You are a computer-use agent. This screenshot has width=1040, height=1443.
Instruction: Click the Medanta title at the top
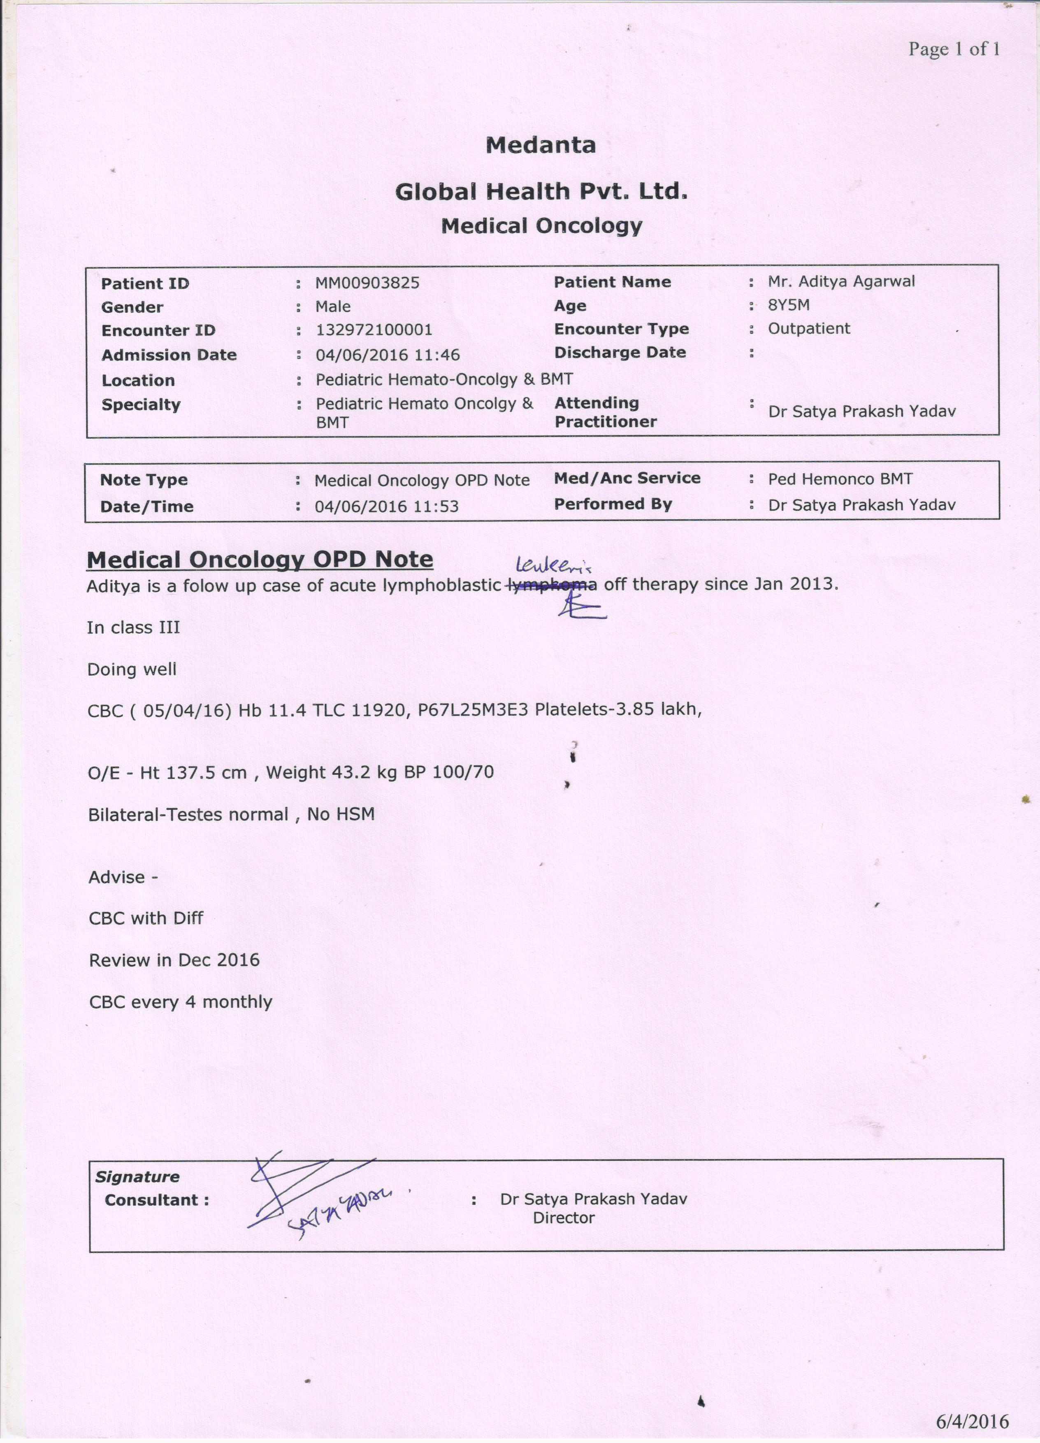click(541, 145)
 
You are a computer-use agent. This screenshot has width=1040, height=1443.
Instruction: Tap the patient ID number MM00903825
click(367, 283)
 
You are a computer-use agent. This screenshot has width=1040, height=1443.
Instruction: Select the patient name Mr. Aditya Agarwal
click(841, 281)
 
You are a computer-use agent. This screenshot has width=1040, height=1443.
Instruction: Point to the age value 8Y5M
click(789, 305)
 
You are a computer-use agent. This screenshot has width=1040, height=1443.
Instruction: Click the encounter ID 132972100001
click(374, 330)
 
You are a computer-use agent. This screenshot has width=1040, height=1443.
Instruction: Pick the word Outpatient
click(808, 328)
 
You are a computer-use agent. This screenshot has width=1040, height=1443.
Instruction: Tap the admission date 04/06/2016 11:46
click(388, 355)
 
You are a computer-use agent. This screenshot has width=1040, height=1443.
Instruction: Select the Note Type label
click(144, 480)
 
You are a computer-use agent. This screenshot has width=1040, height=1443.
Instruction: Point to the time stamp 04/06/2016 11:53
click(387, 507)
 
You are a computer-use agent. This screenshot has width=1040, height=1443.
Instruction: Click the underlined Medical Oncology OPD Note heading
click(260, 559)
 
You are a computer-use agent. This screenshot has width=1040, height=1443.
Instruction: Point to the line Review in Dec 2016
click(174, 960)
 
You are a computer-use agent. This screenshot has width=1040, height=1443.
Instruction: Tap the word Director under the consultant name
click(564, 1218)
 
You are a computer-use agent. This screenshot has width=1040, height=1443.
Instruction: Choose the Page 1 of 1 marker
click(954, 49)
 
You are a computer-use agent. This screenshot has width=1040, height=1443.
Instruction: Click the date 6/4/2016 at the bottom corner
click(972, 1421)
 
